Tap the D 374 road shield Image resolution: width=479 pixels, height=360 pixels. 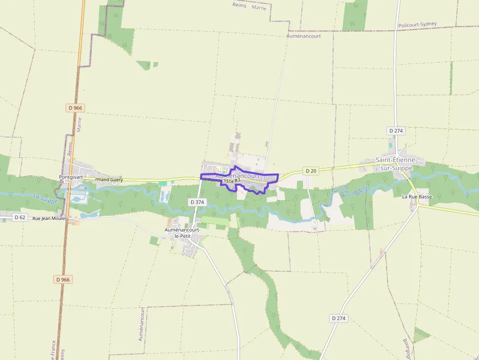[196, 202]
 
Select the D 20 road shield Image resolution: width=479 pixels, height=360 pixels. [310, 170]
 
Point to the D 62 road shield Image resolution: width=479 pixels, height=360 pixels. [20, 217]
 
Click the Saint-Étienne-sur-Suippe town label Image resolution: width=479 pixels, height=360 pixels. [396, 164]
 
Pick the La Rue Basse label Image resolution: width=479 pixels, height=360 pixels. [417, 196]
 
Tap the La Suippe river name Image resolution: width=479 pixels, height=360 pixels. [45, 198]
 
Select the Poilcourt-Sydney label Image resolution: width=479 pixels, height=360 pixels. [417, 24]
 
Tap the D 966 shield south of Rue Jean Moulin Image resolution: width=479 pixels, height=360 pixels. [63, 279]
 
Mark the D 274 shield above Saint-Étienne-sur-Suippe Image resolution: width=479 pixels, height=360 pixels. [396, 131]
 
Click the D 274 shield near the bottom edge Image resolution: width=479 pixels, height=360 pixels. [338, 318]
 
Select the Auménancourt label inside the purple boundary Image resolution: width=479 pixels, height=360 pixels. [238, 175]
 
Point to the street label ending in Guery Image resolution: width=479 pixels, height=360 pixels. [109, 180]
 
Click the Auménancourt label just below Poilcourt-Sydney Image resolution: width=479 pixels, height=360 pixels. [304, 36]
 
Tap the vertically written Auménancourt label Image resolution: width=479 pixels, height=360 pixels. [142, 324]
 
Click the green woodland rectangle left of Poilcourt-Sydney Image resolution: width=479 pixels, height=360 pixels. [355, 16]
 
